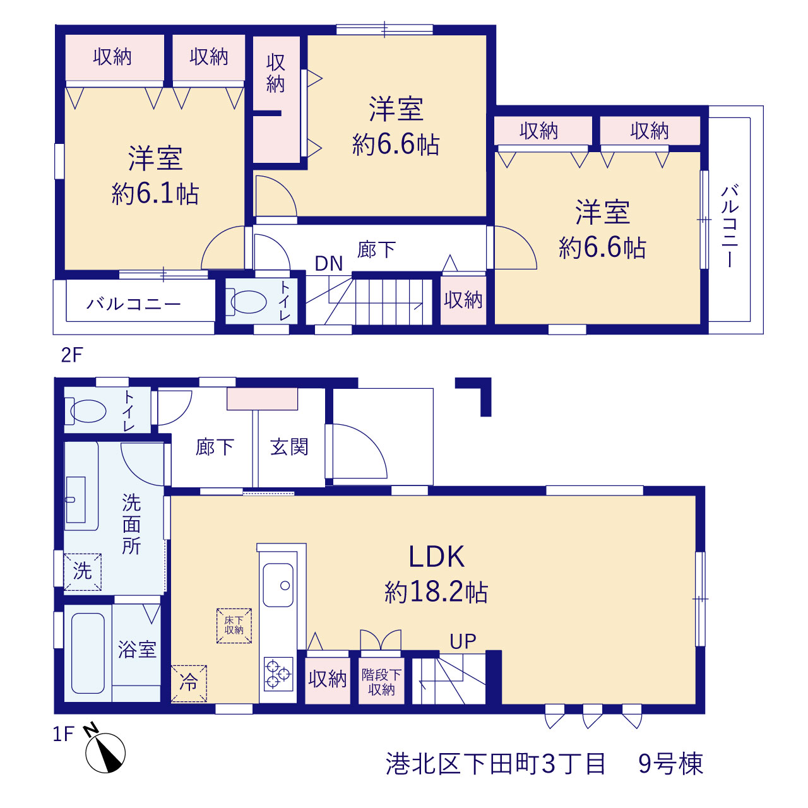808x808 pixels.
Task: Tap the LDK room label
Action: click(x=436, y=557)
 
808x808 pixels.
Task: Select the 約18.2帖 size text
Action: click(x=436, y=592)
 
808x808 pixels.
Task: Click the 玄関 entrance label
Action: click(x=289, y=447)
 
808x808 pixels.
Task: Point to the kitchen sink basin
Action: click(x=278, y=585)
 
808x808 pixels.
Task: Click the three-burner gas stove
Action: click(x=278, y=674)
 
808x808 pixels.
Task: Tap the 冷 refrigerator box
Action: click(x=189, y=684)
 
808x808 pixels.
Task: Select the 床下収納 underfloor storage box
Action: click(x=234, y=626)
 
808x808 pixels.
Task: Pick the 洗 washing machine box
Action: click(x=83, y=572)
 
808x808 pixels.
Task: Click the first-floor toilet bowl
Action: click(x=87, y=411)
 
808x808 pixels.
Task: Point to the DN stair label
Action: click(x=329, y=264)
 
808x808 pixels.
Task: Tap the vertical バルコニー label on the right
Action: click(x=730, y=226)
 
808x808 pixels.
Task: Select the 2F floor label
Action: click(x=72, y=355)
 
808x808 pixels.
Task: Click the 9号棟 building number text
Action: click(x=670, y=764)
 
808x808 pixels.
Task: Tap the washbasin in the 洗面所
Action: click(x=76, y=499)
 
